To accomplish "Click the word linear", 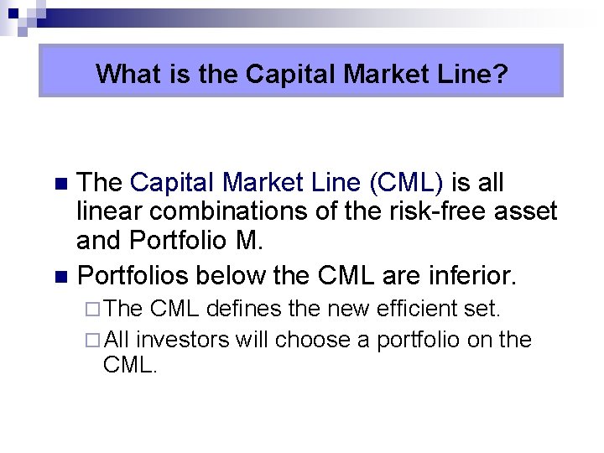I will pyautogui.click(x=109, y=211).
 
